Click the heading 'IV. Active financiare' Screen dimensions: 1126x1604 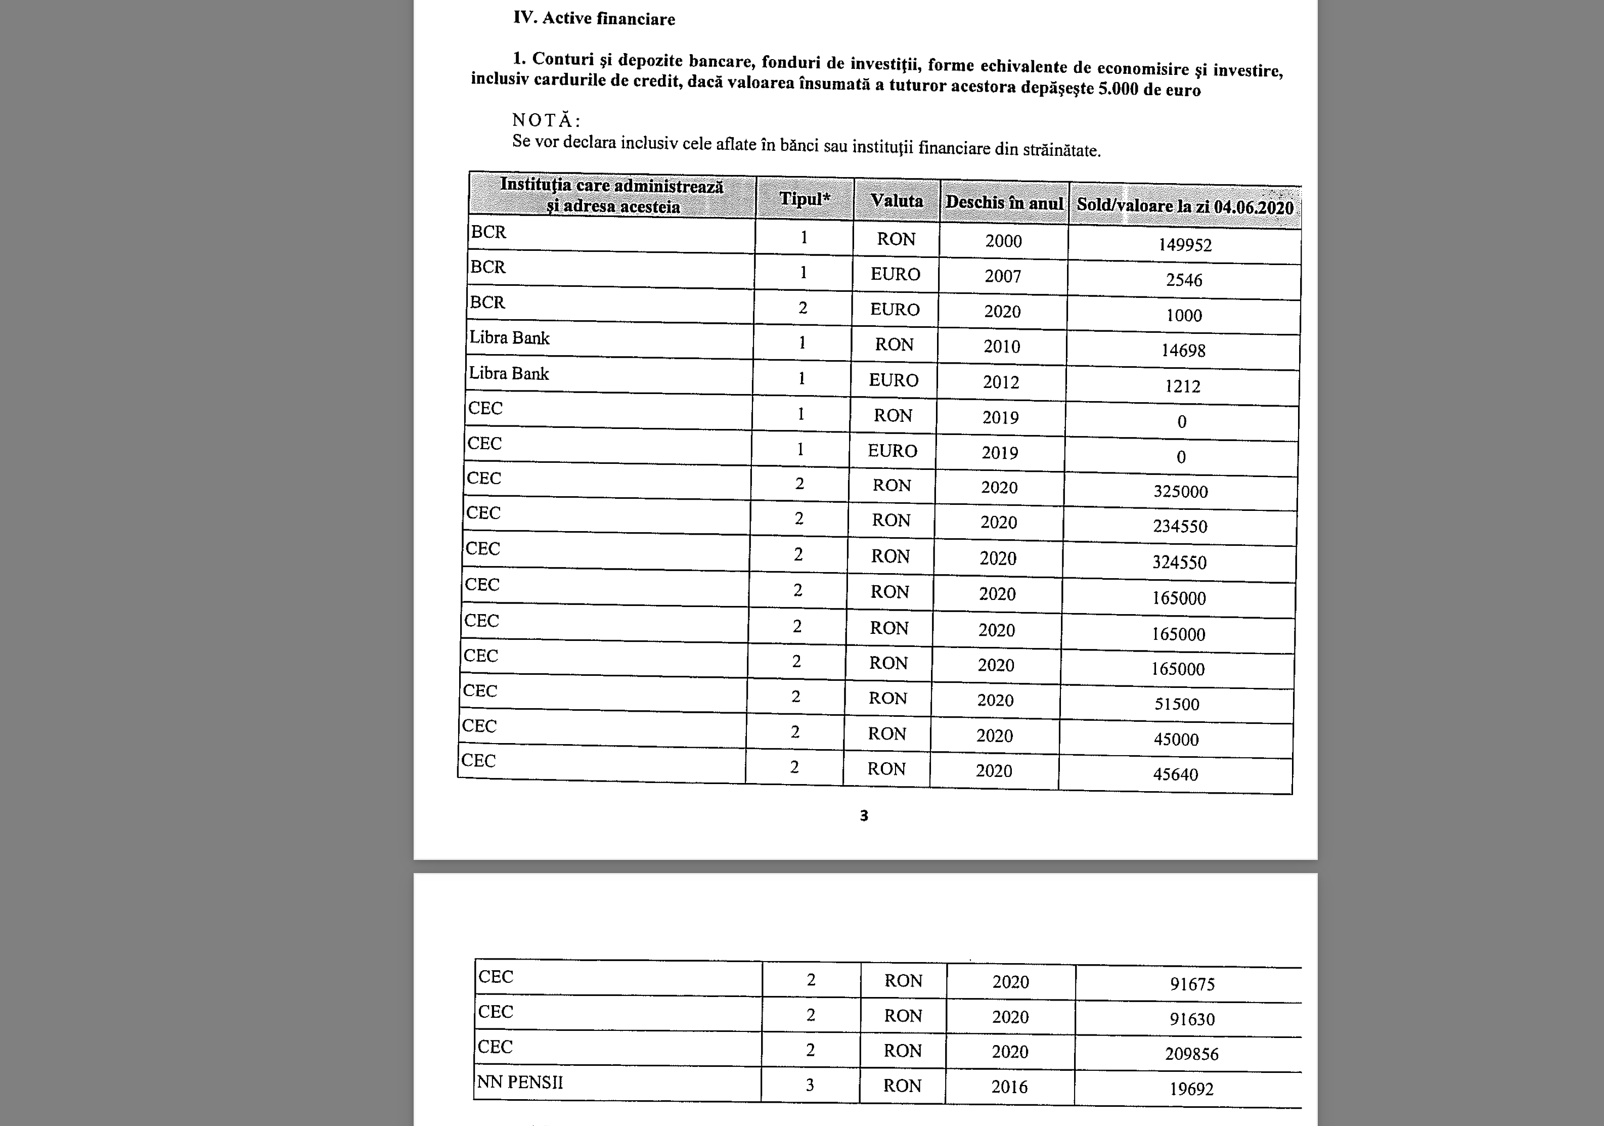(594, 18)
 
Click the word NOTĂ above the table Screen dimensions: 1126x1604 (546, 120)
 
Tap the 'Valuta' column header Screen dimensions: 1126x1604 (897, 201)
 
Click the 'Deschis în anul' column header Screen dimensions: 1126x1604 (1004, 203)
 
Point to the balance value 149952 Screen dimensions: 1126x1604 (1185, 245)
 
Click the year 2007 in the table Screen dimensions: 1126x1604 (1003, 276)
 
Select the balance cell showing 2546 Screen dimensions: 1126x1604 (1184, 280)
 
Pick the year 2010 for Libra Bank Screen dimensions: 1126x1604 (1002, 347)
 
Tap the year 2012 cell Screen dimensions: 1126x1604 (1001, 382)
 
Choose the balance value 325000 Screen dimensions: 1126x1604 (1181, 491)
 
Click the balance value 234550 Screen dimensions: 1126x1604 (1180, 526)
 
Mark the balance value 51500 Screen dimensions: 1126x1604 (1177, 704)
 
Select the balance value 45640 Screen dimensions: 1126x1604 (1176, 774)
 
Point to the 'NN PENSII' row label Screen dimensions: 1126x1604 (520, 1082)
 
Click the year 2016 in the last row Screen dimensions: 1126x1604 (1009, 1087)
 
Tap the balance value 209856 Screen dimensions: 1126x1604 (1192, 1054)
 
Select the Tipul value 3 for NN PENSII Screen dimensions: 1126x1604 (810, 1086)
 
